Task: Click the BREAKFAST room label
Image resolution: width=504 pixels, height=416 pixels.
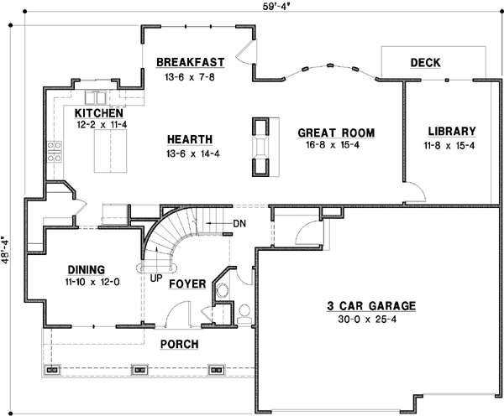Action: (190, 62)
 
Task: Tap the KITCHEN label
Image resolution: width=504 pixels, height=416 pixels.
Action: (99, 113)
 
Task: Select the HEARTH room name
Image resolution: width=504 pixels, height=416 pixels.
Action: (189, 139)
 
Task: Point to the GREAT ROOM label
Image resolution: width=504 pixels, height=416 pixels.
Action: (336, 133)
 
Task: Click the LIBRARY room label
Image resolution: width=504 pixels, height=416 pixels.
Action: (451, 132)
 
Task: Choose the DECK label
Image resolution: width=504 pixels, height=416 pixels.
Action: (426, 63)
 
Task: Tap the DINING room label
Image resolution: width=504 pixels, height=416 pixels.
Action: (87, 270)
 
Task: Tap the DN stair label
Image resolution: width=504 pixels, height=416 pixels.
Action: (239, 223)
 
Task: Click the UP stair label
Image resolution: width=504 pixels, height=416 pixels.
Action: (156, 276)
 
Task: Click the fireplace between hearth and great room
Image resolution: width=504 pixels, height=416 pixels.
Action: (261, 147)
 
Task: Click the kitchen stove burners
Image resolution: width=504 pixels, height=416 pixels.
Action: (56, 151)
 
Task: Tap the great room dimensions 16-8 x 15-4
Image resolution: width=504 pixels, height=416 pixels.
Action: (336, 145)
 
